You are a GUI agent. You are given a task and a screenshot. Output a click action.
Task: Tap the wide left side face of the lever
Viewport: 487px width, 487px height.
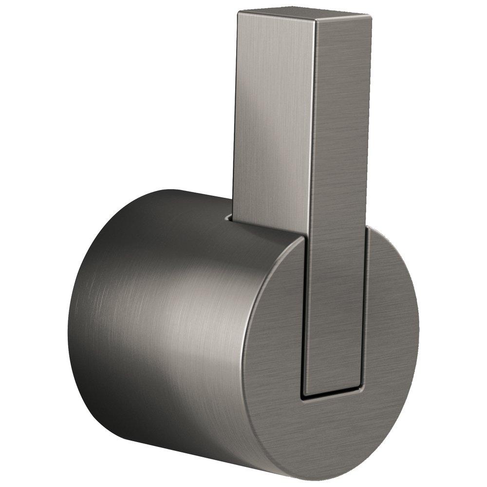click(x=273, y=122)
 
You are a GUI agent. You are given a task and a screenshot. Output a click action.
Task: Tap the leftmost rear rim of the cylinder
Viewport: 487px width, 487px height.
click(x=69, y=321)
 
